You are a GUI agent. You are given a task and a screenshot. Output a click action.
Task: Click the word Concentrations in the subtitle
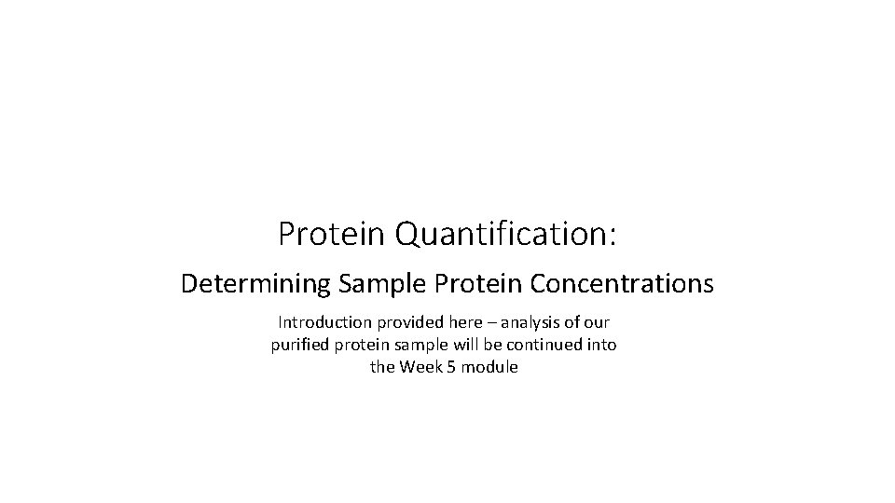(x=620, y=283)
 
